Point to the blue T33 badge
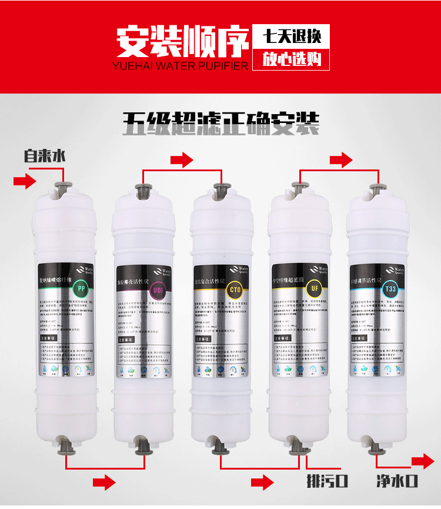point(389,290)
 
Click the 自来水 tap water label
point(44,157)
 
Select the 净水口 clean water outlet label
point(397,481)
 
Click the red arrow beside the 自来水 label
point(24,181)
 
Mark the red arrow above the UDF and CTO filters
point(181,159)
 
